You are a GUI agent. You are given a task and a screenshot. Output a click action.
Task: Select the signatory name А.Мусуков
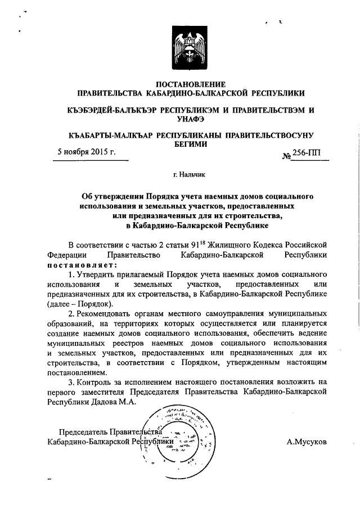tap(306, 442)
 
